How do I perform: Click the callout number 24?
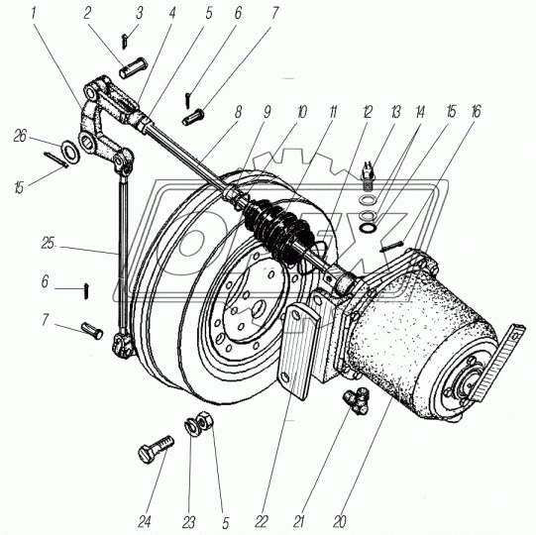pyautogui.click(x=145, y=522)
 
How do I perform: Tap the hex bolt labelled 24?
pyautogui.click(x=156, y=448)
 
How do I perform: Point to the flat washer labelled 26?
pyautogui.click(x=70, y=151)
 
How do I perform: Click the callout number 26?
pyautogui.click(x=20, y=136)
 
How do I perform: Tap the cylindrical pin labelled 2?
pyautogui.click(x=134, y=68)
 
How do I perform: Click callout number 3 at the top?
pyautogui.click(x=139, y=13)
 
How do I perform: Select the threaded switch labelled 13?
pyautogui.click(x=368, y=176)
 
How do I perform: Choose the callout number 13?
pyautogui.click(x=395, y=112)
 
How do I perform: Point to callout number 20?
pyautogui.click(x=339, y=522)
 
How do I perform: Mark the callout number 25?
pyautogui.click(x=48, y=244)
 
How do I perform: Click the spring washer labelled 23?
pyautogui.click(x=190, y=427)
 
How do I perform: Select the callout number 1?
pyautogui.click(x=33, y=13)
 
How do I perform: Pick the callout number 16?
pyautogui.click(x=477, y=112)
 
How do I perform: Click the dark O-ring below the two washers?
pyautogui.click(x=368, y=227)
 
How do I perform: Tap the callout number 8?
pyautogui.click(x=238, y=112)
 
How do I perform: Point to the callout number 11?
pyautogui.click(x=333, y=112)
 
